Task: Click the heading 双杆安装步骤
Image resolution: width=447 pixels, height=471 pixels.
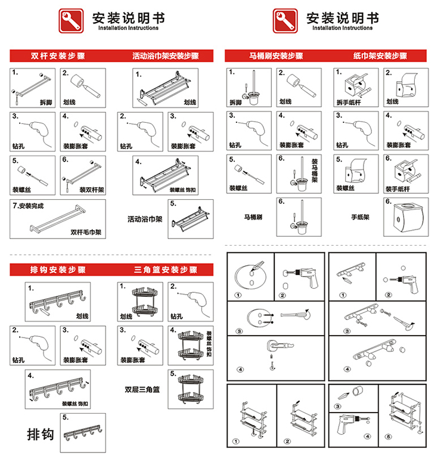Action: click(x=58, y=57)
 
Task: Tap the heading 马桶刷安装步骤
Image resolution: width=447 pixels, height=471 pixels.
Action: click(x=276, y=57)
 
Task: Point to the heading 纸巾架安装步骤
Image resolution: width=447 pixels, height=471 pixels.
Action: click(x=380, y=57)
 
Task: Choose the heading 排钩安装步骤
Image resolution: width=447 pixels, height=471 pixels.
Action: click(x=58, y=270)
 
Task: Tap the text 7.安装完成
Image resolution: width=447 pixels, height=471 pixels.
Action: click(x=29, y=206)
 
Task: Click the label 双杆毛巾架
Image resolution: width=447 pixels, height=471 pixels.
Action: click(x=86, y=232)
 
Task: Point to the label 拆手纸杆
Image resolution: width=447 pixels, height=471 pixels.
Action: click(x=349, y=103)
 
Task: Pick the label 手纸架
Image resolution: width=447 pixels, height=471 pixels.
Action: click(x=359, y=217)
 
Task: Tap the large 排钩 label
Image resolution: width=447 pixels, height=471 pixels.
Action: click(x=41, y=434)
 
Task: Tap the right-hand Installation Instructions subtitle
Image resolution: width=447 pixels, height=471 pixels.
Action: click(x=343, y=28)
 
